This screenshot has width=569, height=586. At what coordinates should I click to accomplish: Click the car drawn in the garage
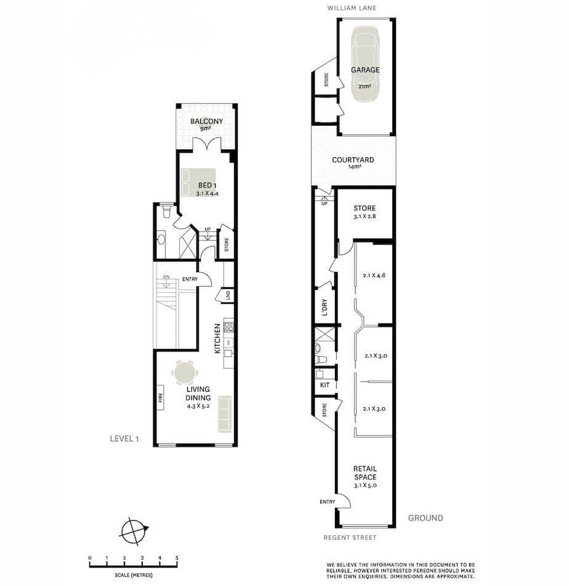[x=365, y=62]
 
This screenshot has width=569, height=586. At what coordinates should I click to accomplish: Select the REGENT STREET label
[x=350, y=537]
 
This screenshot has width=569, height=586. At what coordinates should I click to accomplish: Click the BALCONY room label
[x=206, y=121]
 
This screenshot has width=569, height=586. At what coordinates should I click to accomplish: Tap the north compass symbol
[x=135, y=531]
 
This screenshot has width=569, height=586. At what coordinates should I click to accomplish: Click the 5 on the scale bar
[x=177, y=558]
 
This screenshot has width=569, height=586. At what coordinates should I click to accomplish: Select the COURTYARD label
[x=353, y=160]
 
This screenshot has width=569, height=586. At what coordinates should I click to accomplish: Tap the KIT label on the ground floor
[x=325, y=385]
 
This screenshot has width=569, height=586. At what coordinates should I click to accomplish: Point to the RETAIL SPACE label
[x=365, y=473]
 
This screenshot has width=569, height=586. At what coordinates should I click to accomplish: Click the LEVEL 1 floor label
[x=124, y=439]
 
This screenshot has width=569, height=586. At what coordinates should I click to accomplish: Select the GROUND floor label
[x=425, y=518]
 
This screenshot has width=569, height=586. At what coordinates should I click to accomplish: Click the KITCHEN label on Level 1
[x=217, y=338]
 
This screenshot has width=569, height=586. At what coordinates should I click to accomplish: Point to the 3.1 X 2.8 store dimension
[x=365, y=217]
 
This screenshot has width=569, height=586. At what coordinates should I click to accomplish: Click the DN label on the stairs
[x=166, y=277]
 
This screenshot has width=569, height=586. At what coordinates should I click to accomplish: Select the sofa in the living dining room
[x=225, y=413]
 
